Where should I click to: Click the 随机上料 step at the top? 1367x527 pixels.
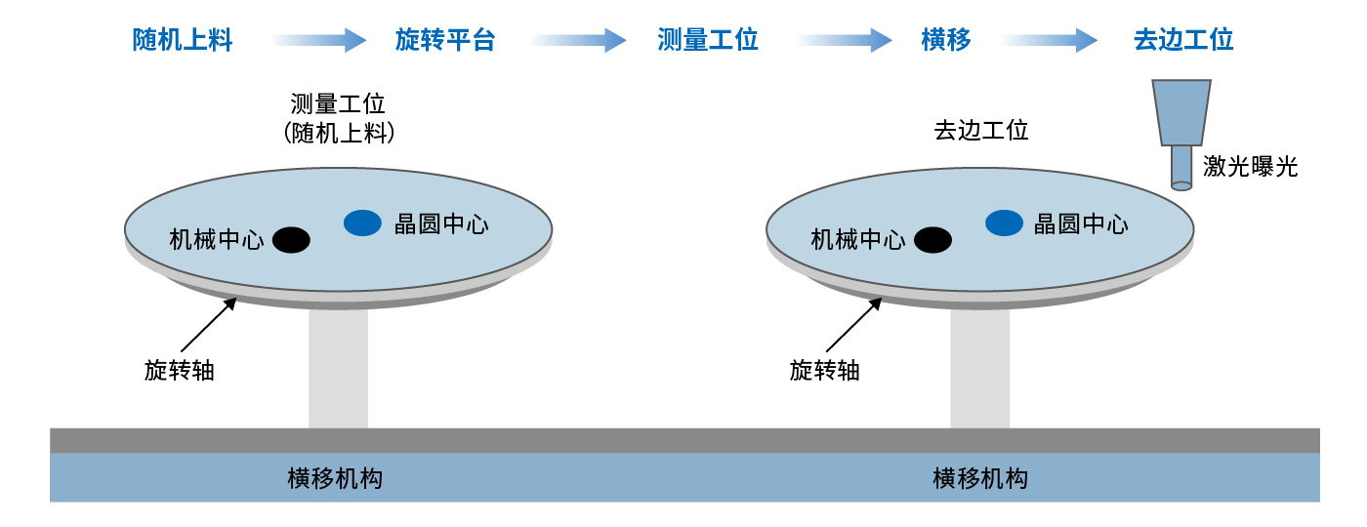[x=183, y=40]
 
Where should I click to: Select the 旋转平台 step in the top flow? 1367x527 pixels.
[x=445, y=40]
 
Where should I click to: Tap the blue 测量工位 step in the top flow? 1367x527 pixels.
[x=708, y=40]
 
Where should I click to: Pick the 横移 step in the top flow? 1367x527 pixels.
[x=946, y=40]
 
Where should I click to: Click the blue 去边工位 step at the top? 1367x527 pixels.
[x=1183, y=40]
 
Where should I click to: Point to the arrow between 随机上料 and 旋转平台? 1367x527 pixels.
[x=317, y=40]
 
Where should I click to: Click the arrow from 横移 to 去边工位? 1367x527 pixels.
[x=1051, y=40]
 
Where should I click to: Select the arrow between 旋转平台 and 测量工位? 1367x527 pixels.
[x=578, y=40]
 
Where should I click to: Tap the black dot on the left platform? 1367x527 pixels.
[x=291, y=239]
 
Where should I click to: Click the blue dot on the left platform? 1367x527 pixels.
[x=362, y=223]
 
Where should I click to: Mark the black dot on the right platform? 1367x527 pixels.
[x=932, y=239]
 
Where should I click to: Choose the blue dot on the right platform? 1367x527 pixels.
[x=1004, y=223]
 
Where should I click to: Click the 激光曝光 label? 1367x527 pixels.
[x=1251, y=167]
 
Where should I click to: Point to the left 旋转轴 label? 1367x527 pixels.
[x=180, y=371]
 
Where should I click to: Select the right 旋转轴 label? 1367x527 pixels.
[x=825, y=371]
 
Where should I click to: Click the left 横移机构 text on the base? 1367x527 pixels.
[x=335, y=478]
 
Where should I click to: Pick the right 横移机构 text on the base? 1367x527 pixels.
[x=980, y=478]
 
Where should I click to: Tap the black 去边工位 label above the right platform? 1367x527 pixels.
[x=981, y=130]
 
